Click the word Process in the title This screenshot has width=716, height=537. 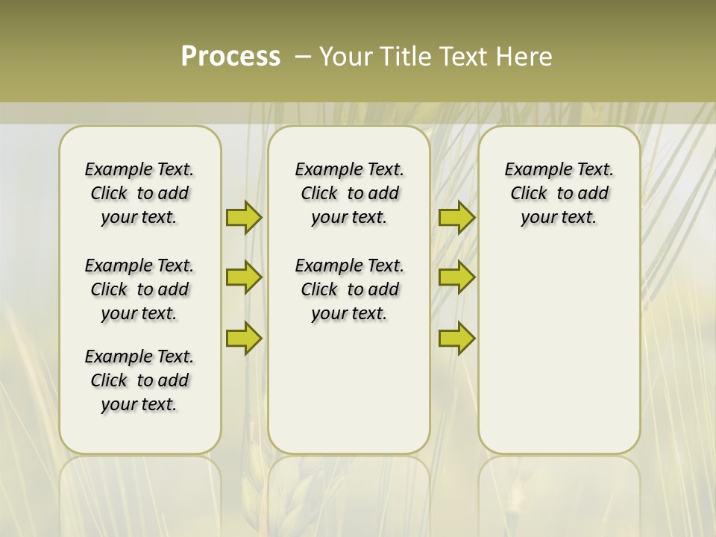[x=230, y=57]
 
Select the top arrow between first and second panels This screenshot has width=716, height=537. [x=243, y=218]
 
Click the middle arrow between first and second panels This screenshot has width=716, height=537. [x=243, y=277]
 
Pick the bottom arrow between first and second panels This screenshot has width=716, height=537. [x=243, y=338]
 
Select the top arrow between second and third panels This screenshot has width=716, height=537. [x=456, y=218]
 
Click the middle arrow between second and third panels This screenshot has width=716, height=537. [x=456, y=277]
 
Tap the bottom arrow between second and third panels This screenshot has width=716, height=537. [x=456, y=338]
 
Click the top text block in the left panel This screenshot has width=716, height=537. [x=139, y=193]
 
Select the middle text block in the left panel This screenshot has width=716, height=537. [x=139, y=289]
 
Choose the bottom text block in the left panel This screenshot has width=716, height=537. [x=139, y=380]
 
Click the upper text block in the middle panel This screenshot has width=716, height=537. [x=349, y=193]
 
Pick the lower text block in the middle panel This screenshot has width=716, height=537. [x=349, y=289]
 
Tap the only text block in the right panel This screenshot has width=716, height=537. [x=559, y=193]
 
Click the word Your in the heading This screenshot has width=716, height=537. [x=346, y=57]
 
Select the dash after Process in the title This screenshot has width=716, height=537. [x=303, y=57]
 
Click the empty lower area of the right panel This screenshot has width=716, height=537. [x=559, y=351]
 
